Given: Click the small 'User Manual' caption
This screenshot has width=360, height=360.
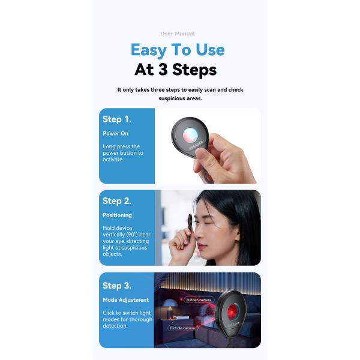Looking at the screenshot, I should click(178, 34).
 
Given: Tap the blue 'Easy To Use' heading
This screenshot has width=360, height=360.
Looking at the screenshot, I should click(178, 49).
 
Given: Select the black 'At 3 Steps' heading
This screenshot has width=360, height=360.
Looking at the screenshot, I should click(175, 70).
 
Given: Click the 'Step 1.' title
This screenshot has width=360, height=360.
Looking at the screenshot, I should click(116, 119).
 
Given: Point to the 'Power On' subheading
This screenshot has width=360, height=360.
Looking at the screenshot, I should click(115, 133).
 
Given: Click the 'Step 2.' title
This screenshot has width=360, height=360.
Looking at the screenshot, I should click(117, 201).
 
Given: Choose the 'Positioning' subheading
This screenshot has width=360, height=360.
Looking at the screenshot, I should click(117, 215).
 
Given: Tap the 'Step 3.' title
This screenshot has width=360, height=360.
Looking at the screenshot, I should click(117, 286).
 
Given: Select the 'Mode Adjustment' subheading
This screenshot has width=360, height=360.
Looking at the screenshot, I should click(125, 299).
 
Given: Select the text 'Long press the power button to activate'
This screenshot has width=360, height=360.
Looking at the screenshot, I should click(123, 153).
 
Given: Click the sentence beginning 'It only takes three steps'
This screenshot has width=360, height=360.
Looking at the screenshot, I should click(180, 94).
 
